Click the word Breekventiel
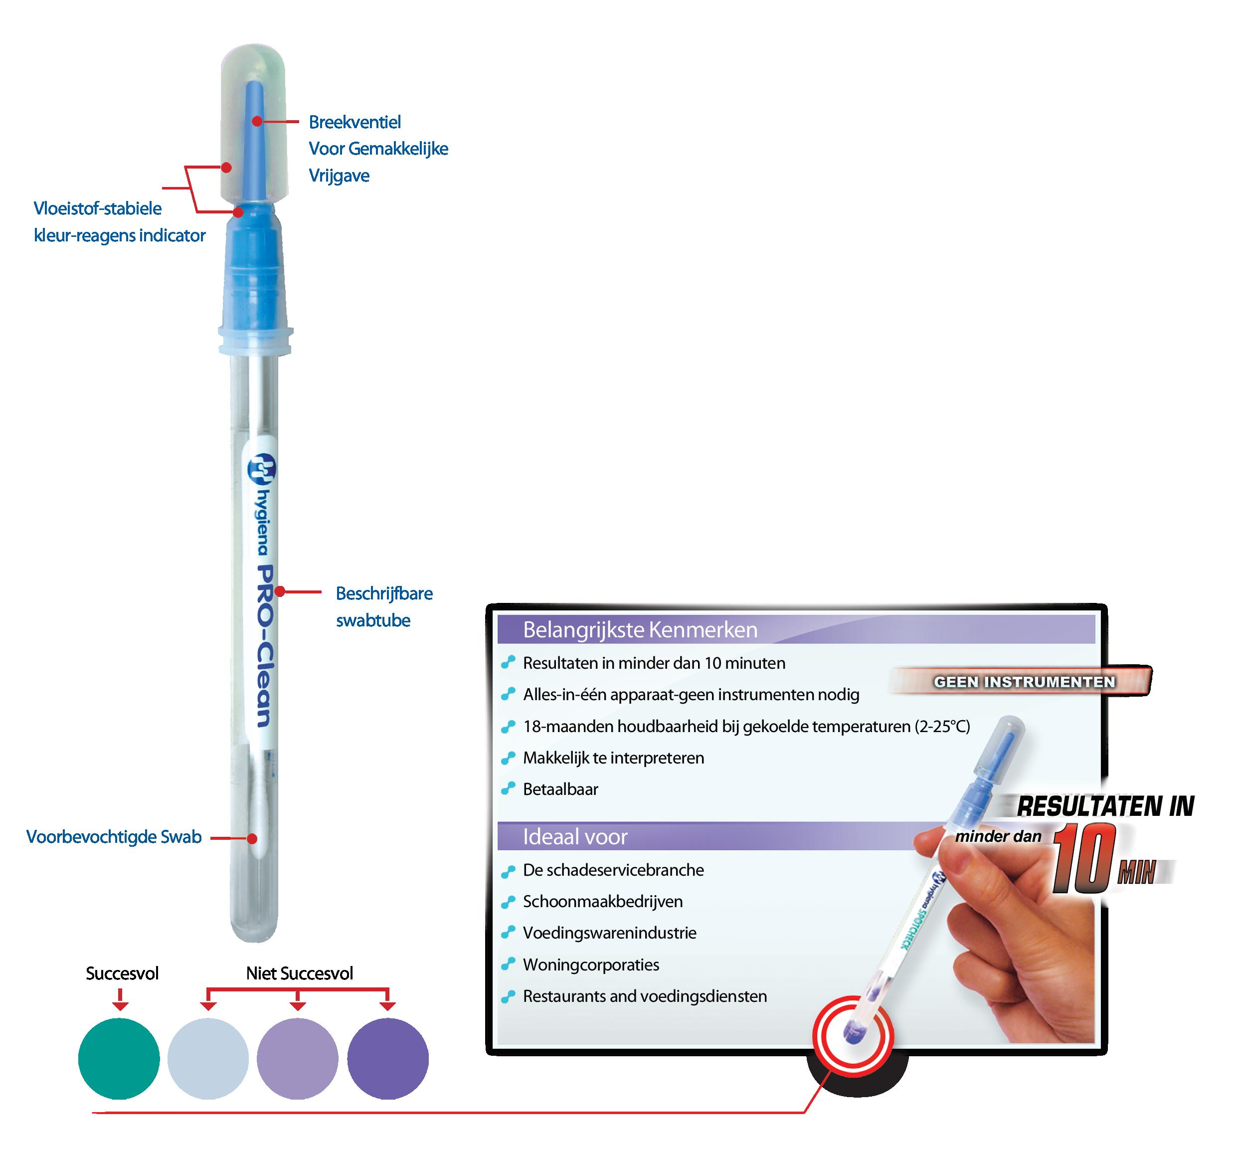pyautogui.click(x=355, y=122)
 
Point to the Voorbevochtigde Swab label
pyautogui.click(x=114, y=837)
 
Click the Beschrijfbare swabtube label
pyautogui.click(x=384, y=607)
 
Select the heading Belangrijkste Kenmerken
pyautogui.click(x=640, y=630)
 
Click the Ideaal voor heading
pyautogui.click(x=575, y=837)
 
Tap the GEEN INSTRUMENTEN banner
pyautogui.click(x=1024, y=682)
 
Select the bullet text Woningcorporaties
pyautogui.click(x=590, y=964)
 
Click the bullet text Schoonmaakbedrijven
pyautogui.click(x=602, y=902)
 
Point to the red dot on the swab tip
pyautogui.click(x=252, y=839)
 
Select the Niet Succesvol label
pyautogui.click(x=299, y=973)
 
